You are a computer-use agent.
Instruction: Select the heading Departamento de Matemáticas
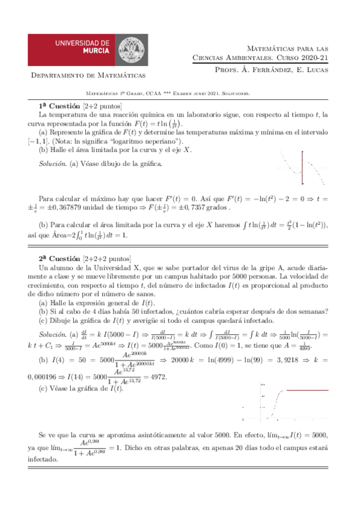coord(88,76)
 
